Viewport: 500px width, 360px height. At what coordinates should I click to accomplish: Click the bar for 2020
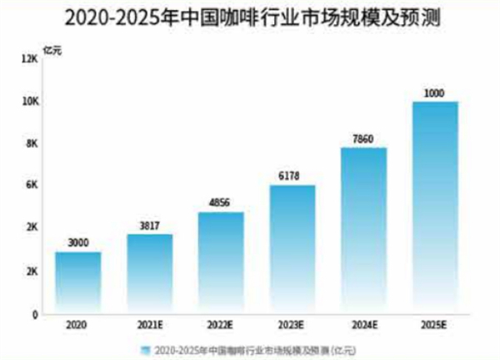(78, 282)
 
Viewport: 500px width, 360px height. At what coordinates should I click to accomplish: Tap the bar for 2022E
(221, 262)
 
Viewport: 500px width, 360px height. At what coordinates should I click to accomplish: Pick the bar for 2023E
(292, 249)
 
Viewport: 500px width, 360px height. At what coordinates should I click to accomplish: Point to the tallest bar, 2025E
(435, 207)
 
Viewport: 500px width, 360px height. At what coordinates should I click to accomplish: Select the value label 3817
(150, 225)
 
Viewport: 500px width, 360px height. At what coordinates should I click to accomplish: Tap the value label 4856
(221, 203)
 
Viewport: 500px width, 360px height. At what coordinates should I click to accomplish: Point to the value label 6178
(292, 176)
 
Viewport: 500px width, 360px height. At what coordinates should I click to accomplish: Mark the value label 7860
(363, 139)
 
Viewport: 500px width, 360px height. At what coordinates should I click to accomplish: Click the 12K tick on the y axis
(32, 59)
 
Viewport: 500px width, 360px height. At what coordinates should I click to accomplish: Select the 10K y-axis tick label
(32, 102)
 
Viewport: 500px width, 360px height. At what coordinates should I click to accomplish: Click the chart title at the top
(250, 17)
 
